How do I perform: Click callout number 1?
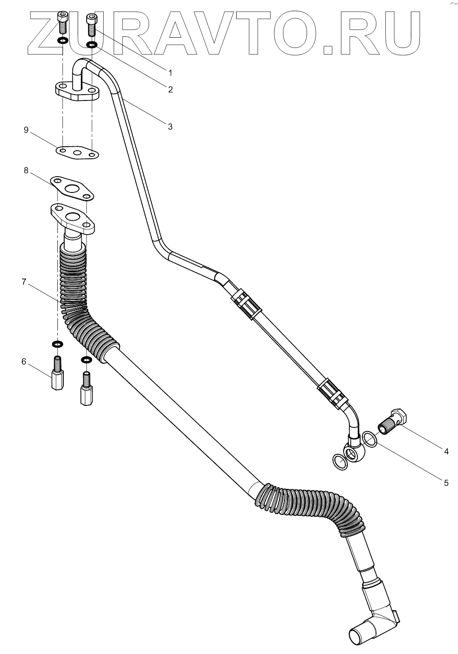point(170,72)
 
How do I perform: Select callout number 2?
point(170,89)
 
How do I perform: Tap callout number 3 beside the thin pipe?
point(170,126)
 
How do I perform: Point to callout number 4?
point(446,451)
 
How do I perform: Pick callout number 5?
point(446,483)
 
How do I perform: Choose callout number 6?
point(24,361)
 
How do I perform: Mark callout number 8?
point(26,170)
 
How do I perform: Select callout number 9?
point(26,130)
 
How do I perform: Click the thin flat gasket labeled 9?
point(78,153)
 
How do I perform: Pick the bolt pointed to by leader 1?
point(92,24)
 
